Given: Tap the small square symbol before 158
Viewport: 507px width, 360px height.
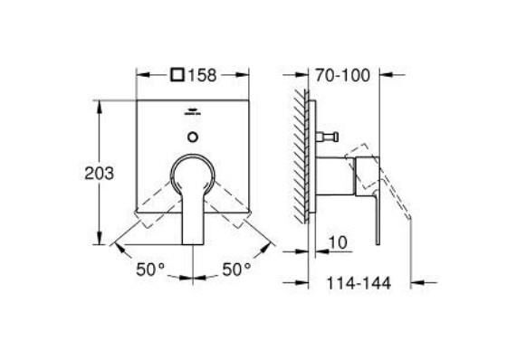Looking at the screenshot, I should click(x=179, y=75).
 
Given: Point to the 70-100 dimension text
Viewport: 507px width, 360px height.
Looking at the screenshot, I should click(x=343, y=75).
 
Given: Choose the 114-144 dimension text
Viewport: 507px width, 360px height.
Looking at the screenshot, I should click(x=359, y=283).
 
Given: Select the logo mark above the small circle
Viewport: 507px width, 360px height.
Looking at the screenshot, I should click(x=192, y=114).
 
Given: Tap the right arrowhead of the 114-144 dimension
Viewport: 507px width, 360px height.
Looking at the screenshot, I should click(x=412, y=283).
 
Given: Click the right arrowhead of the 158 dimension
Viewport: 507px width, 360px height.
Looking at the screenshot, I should click(x=246, y=75).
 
